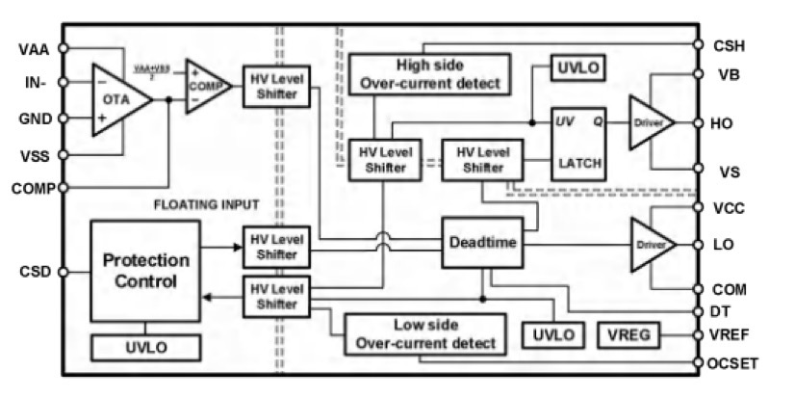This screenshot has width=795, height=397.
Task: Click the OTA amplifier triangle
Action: click(x=117, y=99)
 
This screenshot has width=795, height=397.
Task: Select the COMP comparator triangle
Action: click(x=205, y=91)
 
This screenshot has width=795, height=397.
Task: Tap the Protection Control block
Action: click(x=144, y=271)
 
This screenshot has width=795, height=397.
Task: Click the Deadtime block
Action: click(x=481, y=244)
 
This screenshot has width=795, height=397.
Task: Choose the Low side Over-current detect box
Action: click(x=422, y=332)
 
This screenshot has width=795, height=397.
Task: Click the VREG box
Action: click(x=629, y=334)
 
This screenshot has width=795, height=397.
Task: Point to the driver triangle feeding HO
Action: click(x=649, y=122)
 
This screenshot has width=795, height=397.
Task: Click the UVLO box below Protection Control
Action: click(x=144, y=347)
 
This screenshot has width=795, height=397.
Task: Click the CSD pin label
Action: click(x=34, y=271)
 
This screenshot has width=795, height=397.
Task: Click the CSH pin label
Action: click(x=729, y=44)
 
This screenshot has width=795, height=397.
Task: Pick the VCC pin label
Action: click(x=729, y=206)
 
